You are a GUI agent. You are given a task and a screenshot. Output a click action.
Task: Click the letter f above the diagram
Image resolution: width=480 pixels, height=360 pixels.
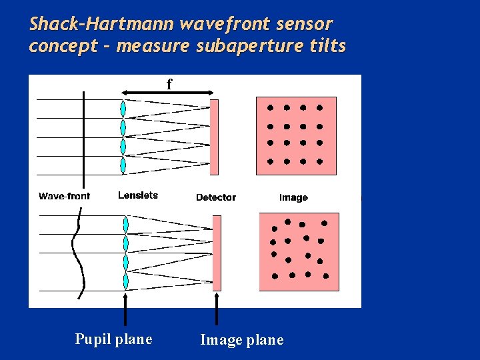click(x=169, y=84)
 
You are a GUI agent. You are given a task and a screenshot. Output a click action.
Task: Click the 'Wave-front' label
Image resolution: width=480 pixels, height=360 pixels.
click(x=64, y=196)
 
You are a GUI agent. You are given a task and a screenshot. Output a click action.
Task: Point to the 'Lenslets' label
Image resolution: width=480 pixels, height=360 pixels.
click(x=138, y=195)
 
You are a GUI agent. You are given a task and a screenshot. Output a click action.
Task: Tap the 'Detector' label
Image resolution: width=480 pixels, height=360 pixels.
click(x=216, y=197)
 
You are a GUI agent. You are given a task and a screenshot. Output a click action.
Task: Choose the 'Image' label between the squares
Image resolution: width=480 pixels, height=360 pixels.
click(x=293, y=197)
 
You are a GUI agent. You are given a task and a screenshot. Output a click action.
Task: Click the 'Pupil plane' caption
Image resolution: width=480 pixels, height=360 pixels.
click(x=113, y=339)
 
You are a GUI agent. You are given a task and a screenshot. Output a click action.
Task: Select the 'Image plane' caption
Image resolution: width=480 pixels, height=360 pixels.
click(x=241, y=340)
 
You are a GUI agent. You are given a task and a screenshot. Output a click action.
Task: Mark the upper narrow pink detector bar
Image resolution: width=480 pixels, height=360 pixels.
click(x=214, y=137)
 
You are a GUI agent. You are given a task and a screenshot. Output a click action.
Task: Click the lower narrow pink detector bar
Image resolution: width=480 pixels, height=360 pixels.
click(x=216, y=253)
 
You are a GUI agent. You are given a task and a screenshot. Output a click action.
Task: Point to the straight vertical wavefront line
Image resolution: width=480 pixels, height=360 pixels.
click(x=83, y=133)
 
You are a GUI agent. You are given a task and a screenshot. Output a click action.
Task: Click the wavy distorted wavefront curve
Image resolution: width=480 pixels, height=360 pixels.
click(x=79, y=253)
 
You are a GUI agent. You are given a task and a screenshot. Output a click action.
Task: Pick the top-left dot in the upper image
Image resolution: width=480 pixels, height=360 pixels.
click(x=270, y=107)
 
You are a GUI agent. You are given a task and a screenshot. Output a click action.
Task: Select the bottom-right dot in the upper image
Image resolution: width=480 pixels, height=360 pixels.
click(x=320, y=161)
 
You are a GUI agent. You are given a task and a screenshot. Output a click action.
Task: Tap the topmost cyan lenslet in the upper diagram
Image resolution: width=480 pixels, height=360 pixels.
click(x=123, y=109)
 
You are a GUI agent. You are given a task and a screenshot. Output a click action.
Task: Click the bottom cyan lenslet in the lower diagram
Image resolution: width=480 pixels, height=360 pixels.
click(x=125, y=281)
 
